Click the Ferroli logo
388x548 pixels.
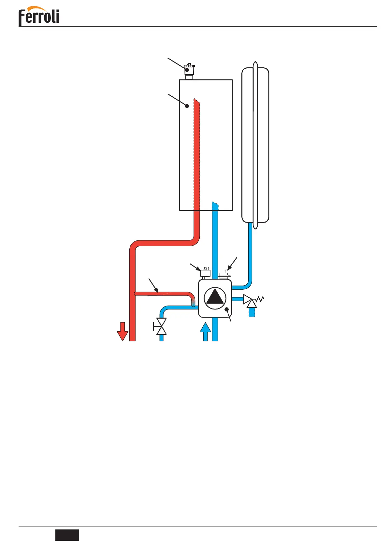click(x=39, y=16)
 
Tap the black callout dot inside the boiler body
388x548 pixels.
click(x=187, y=106)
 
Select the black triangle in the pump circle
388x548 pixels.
click(x=215, y=298)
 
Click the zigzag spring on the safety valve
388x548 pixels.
click(x=260, y=299)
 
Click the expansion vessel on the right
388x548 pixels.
click(x=255, y=145)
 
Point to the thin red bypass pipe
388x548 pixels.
click(x=163, y=294)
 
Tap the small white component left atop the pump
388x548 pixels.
click(x=206, y=272)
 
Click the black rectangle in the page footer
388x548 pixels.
click(x=67, y=535)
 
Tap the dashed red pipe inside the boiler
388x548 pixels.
click(x=196, y=153)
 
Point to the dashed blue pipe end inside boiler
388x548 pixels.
click(x=215, y=206)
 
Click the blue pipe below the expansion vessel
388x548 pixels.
click(x=251, y=254)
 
